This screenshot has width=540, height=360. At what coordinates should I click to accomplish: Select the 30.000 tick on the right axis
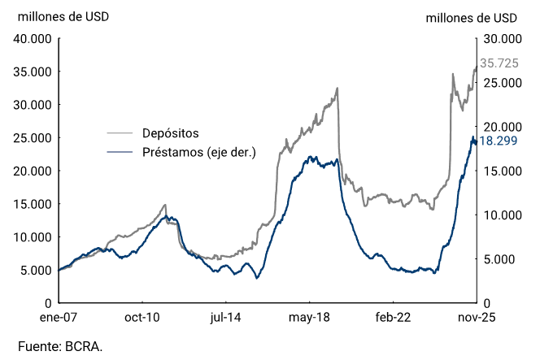coord(500,38)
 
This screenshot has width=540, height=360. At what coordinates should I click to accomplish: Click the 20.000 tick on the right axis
coord(500,127)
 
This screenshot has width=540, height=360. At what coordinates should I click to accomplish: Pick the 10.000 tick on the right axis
coord(500,215)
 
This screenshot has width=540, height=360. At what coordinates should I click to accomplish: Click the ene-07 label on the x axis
coord(59,318)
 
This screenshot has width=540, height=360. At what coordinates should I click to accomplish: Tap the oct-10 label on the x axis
coord(142,318)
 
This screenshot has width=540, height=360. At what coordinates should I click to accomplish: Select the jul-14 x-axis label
coord(226,318)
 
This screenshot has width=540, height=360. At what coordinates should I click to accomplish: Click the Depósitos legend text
coord(170,133)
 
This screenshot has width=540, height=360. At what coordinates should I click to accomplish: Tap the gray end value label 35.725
coord(499,63)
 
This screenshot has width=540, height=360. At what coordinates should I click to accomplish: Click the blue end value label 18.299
coord(499,141)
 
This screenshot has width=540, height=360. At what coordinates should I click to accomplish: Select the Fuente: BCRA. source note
coord(60,347)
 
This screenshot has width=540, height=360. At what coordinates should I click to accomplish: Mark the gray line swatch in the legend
coord(120,133)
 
